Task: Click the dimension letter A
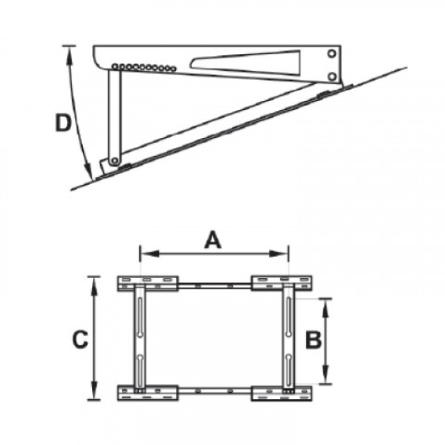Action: pos(213,240)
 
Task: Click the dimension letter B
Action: pos(313,340)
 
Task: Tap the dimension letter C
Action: pos(80,340)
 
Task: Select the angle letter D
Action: pos(63,123)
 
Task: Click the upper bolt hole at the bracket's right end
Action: pos(332,53)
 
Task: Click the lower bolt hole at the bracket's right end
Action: pos(332,76)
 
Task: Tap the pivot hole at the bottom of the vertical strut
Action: pos(115,161)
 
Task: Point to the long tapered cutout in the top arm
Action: pos(246,63)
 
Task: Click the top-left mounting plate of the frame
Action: pos(148,283)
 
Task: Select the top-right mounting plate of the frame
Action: pos(282,283)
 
